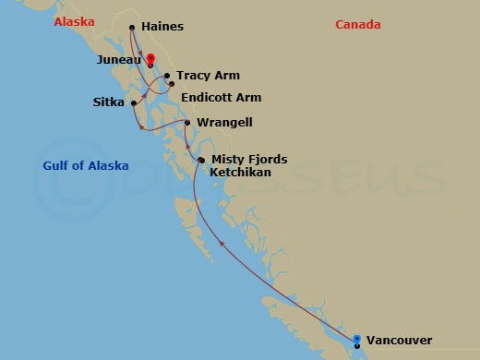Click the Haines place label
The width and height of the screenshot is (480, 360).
pyautogui.click(x=162, y=27)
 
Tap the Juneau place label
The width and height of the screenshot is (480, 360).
pyautogui.click(x=117, y=60)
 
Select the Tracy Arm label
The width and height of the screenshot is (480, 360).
pyautogui.click(x=206, y=77)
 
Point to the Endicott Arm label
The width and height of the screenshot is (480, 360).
pyautogui.click(x=222, y=98)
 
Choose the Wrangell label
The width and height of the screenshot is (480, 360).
pyautogui.click(x=224, y=122)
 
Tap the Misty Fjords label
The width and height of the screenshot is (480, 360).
pyautogui.click(x=249, y=160)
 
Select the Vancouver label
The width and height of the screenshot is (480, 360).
pyautogui.click(x=399, y=341)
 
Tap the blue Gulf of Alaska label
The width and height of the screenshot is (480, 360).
pyautogui.click(x=86, y=166)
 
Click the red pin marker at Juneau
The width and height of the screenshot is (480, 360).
pyautogui.click(x=151, y=62)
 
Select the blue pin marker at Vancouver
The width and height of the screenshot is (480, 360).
pyautogui.click(x=357, y=340)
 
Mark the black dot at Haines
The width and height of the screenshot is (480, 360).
pyautogui.click(x=132, y=28)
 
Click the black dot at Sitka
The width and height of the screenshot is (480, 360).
pyautogui.click(x=134, y=102)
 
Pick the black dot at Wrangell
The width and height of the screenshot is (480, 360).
pyautogui.click(x=187, y=122)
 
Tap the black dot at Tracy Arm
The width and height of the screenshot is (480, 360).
pyautogui.click(x=167, y=77)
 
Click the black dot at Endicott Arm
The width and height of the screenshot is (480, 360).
pyautogui.click(x=171, y=86)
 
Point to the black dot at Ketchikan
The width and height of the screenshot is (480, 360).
pyautogui.click(x=200, y=160)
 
